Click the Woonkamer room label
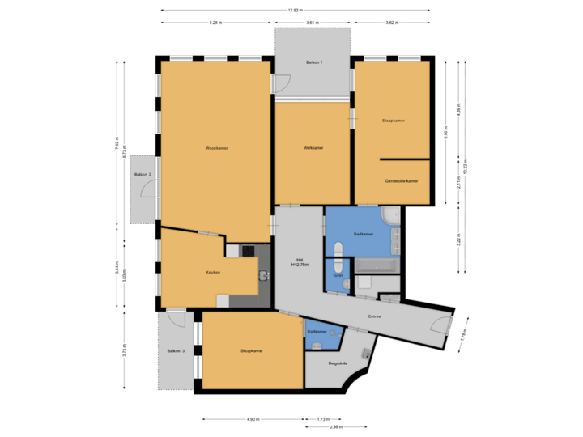(x=215, y=148)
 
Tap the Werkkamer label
(x=313, y=147)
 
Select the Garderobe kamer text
(x=402, y=181)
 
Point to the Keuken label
(x=212, y=272)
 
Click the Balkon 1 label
(x=314, y=62)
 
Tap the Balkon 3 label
(x=176, y=351)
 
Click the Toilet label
(x=338, y=276)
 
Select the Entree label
(x=374, y=316)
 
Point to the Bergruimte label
(x=338, y=363)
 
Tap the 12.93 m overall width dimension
(x=295, y=10)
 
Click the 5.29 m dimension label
(x=215, y=23)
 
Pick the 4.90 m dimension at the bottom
(x=253, y=419)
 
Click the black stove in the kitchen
(x=248, y=251)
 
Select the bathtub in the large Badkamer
(x=376, y=265)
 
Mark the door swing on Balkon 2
(x=149, y=189)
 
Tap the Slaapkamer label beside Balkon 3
(x=251, y=351)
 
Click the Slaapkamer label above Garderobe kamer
(x=393, y=121)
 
